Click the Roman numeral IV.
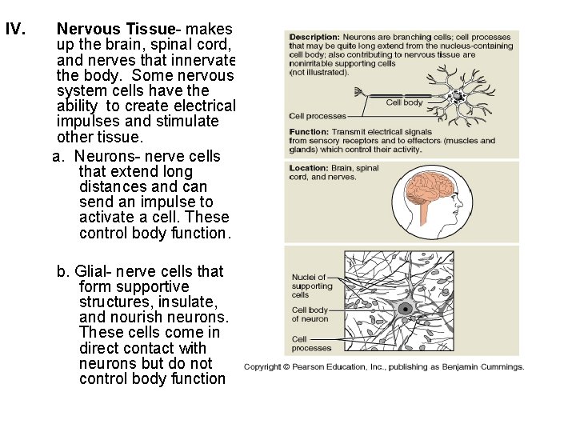16,30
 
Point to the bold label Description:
314,38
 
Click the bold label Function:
309,132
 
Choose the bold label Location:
309,169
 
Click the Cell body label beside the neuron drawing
404,102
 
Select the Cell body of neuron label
310,314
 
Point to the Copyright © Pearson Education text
320,367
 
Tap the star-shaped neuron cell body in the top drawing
458,97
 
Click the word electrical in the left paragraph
204,106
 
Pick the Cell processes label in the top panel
318,117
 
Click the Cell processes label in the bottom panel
311,343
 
